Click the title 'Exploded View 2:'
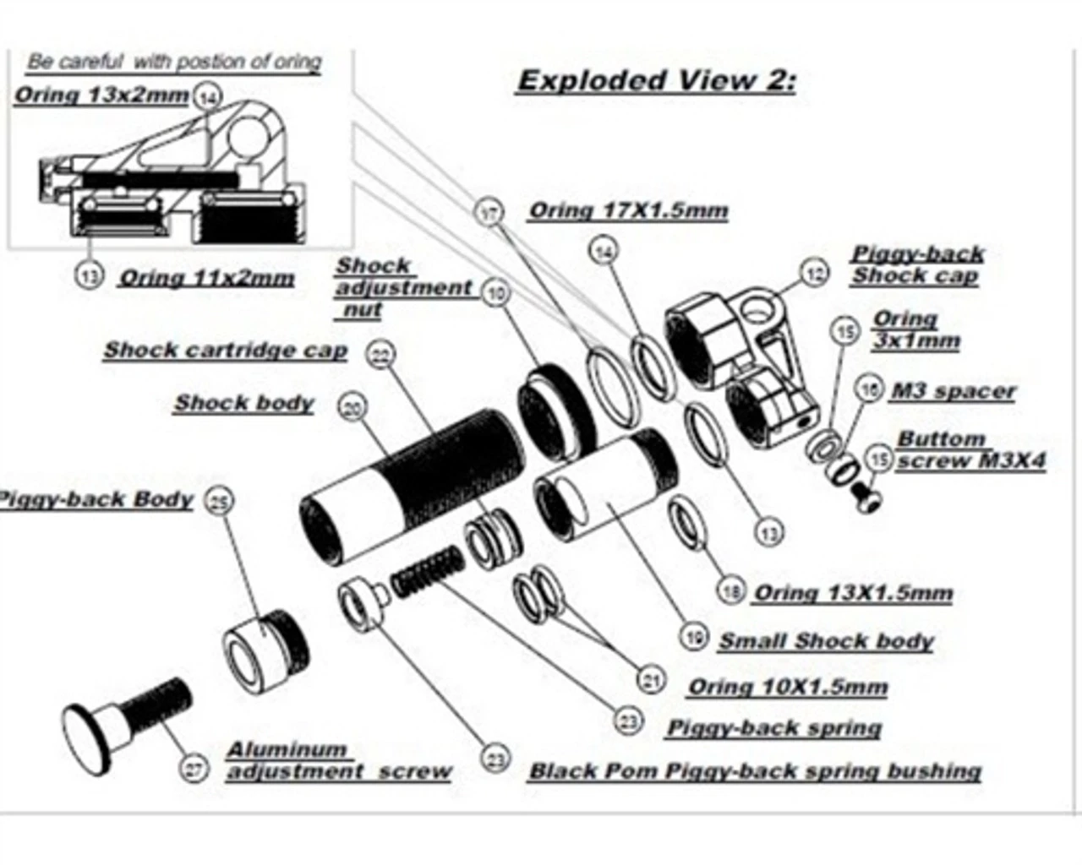coord(656,81)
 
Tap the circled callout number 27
coord(195,770)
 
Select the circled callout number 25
coord(219,503)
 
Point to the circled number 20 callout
coord(352,409)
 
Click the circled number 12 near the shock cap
coord(815,275)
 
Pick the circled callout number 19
coord(695,637)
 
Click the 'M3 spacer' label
coord(953,392)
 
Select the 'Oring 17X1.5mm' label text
coord(628,211)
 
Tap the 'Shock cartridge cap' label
coord(226,351)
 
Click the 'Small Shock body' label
coord(826,641)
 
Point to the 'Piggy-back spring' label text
coord(774,728)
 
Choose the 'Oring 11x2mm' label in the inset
coord(207,278)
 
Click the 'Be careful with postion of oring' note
coord(174,62)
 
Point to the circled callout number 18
coord(731,590)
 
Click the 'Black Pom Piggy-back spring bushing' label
coord(755,771)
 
